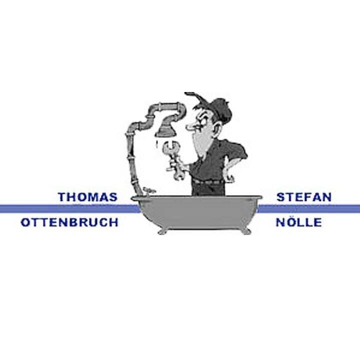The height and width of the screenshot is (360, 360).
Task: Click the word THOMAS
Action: click(x=87, y=197)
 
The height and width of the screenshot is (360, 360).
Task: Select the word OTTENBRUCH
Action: click(x=69, y=222)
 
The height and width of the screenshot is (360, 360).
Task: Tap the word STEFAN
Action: click(x=304, y=197)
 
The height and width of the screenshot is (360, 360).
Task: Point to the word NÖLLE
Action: click(x=298, y=222)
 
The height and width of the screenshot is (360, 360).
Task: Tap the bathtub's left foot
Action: click(x=163, y=230)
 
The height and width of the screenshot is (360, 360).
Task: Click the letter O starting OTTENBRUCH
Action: click(x=25, y=222)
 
